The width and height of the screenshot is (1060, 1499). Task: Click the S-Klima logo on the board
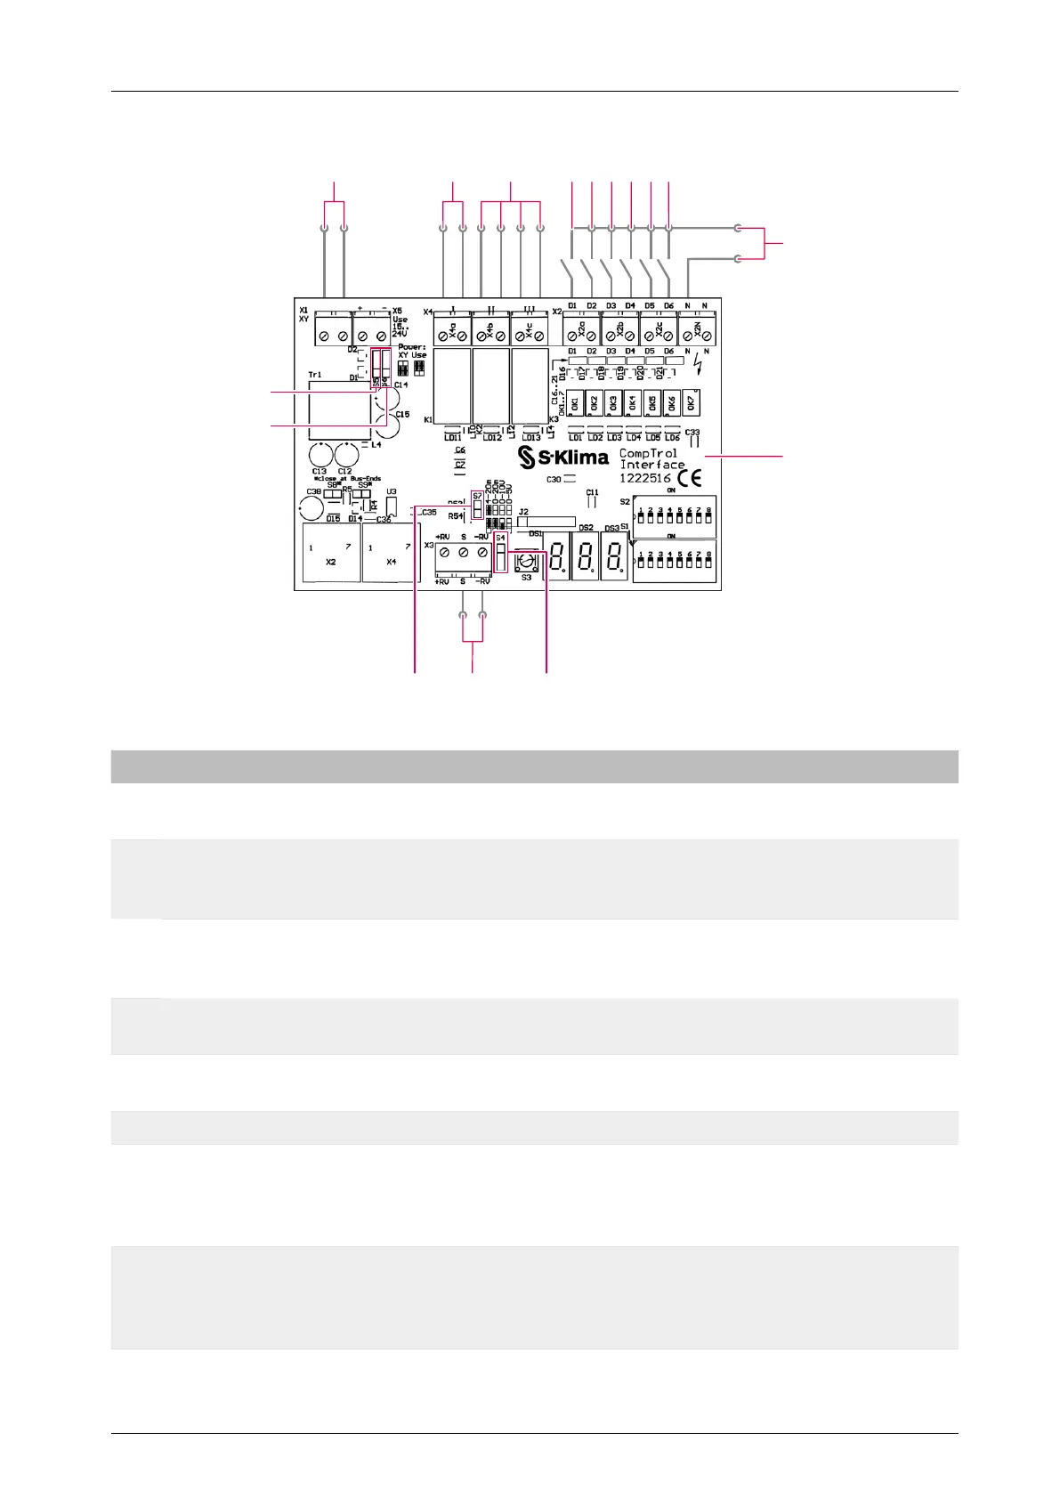[564, 458]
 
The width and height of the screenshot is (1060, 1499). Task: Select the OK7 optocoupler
[692, 402]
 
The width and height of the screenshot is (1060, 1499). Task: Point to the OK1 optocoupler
[575, 403]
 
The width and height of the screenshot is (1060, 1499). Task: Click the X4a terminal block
[452, 332]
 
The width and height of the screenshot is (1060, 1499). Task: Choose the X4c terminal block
[530, 332]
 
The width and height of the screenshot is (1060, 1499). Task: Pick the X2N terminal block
[697, 331]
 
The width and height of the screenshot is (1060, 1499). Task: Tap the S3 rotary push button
[526, 562]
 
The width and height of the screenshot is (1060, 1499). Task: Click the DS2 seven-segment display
[585, 557]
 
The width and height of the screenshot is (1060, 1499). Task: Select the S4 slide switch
[501, 557]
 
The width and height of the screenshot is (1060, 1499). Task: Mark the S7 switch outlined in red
[477, 507]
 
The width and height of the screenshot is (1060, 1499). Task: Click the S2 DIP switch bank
[674, 516]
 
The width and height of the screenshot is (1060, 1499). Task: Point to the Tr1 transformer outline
[339, 410]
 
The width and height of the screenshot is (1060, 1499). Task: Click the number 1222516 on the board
[645, 478]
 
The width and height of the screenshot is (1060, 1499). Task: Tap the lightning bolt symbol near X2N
[697, 365]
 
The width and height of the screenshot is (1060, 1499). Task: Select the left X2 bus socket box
[331, 553]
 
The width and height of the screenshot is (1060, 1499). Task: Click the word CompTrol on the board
[648, 453]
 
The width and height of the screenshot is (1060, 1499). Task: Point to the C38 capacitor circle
[311, 508]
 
